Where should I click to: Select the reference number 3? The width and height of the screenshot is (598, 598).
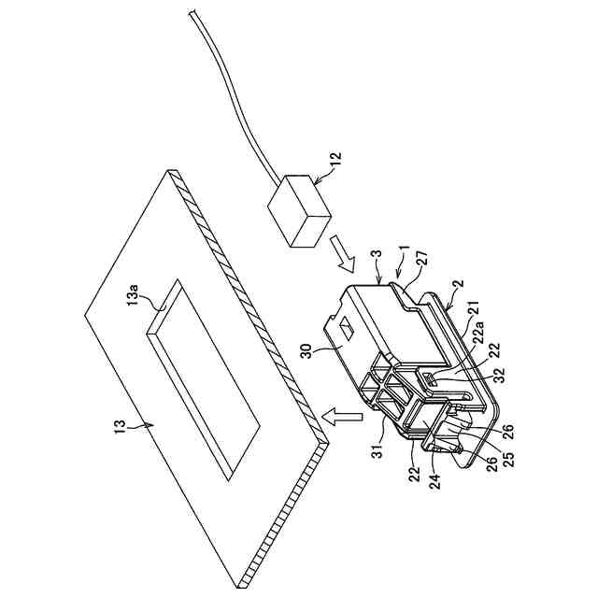[375, 256]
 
